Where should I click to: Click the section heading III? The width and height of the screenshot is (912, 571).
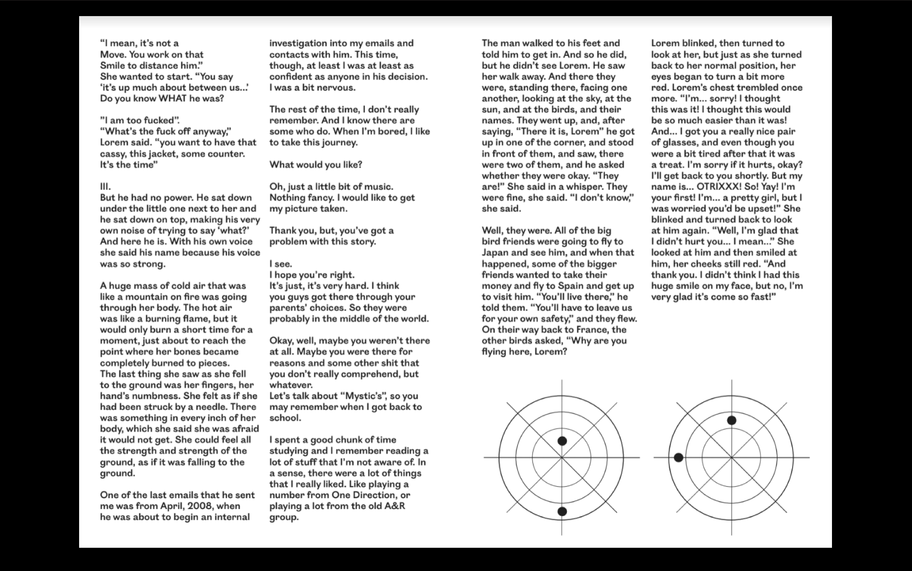(106, 187)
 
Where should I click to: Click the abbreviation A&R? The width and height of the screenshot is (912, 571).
(394, 506)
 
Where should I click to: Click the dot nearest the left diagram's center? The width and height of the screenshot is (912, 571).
(562, 441)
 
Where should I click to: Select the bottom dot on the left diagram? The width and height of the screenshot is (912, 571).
(562, 512)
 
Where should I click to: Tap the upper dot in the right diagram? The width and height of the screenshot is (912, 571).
(731, 420)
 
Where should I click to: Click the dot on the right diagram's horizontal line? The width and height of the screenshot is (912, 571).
(679, 458)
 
